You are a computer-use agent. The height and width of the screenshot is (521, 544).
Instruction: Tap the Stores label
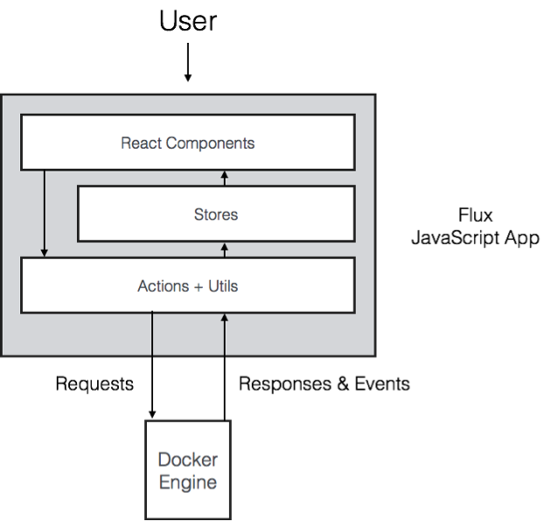coord(215,214)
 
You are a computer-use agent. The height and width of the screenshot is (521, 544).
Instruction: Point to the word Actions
coord(162,285)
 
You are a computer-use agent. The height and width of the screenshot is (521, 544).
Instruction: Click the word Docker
coord(187,460)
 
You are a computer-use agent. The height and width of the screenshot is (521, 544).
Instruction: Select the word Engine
coord(187,482)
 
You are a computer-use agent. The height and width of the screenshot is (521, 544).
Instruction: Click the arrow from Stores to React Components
coord(225,178)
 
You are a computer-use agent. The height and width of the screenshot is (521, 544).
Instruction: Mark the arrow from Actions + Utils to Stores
coord(225,250)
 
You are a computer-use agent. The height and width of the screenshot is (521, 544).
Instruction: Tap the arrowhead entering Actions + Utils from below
coord(225,319)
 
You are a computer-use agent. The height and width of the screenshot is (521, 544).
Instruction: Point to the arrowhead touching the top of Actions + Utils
coord(45,253)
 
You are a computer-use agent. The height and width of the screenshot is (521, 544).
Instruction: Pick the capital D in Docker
coord(164,460)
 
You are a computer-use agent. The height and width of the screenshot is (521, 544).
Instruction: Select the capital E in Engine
coord(164,482)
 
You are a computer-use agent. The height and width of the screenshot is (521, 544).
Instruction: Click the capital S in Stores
coord(199,214)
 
